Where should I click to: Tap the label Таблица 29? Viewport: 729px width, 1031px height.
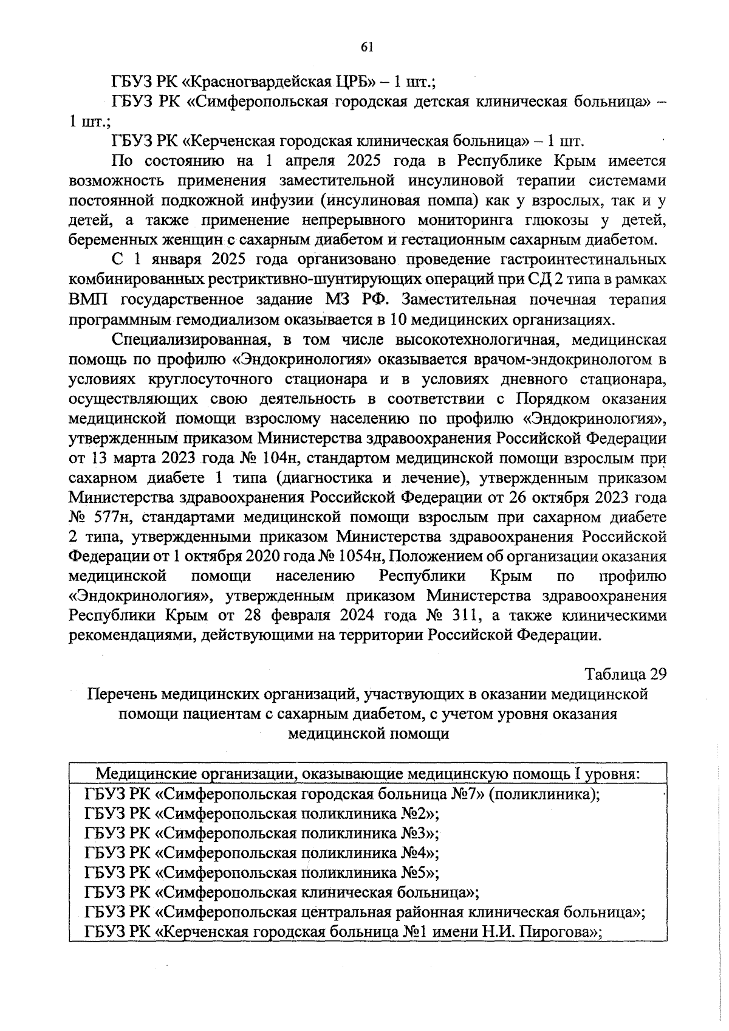click(626, 674)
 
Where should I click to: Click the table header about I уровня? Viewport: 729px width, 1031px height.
click(368, 774)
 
